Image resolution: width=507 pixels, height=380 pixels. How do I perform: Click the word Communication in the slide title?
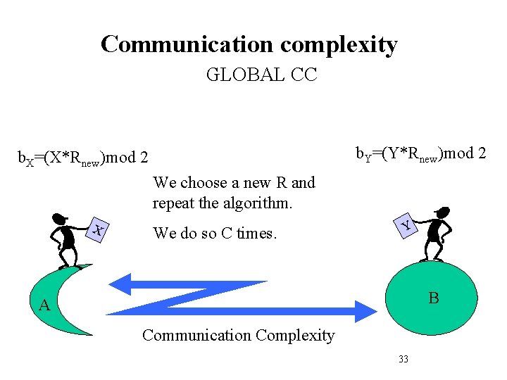(187, 44)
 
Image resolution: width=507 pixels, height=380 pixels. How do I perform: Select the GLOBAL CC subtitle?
(261, 75)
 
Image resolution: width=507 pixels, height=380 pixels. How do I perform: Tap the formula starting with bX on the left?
(82, 158)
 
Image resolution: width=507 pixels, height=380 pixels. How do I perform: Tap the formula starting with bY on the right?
(420, 153)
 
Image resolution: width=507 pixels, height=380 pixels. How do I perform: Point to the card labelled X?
(99, 229)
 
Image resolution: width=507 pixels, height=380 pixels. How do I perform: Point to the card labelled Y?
(406, 224)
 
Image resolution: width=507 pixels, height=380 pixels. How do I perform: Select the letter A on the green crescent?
(44, 305)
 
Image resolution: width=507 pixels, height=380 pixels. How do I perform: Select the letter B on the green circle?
(434, 298)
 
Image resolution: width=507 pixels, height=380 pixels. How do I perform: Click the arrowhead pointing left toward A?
(124, 284)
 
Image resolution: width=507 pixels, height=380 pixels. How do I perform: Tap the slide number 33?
(403, 360)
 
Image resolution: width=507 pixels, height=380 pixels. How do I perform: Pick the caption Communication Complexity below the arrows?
(238, 335)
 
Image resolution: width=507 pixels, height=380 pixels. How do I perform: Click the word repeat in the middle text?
(174, 204)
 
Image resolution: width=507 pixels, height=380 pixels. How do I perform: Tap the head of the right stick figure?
(442, 212)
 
